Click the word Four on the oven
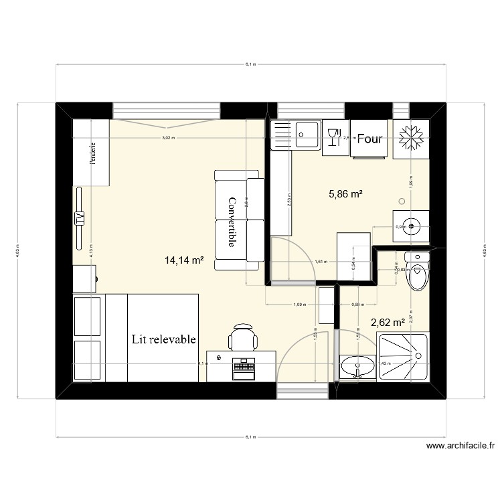click(369, 139)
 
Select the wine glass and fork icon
click(334, 138)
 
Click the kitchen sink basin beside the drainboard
click(308, 137)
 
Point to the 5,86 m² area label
click(345, 195)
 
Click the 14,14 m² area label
click(184, 261)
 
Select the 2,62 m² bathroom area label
click(388, 323)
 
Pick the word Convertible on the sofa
click(232, 222)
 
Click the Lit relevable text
click(164, 339)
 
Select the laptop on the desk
click(244, 367)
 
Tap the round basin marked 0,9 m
click(410, 226)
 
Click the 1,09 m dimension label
click(299, 305)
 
